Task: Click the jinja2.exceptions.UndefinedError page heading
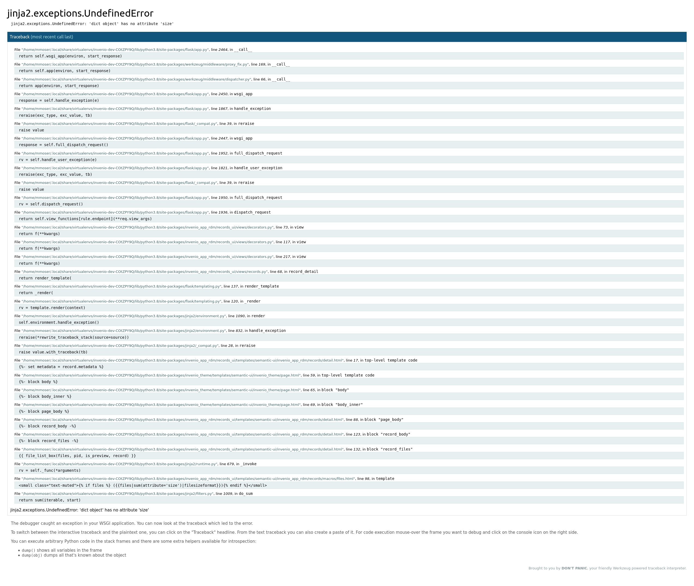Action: tap(80, 13)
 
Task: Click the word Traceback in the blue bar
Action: tap(20, 37)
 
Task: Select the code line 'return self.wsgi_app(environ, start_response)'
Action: tap(70, 56)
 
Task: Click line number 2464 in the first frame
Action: tap(223, 50)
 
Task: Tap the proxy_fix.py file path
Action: tap(135, 64)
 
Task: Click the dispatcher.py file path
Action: tap(136, 79)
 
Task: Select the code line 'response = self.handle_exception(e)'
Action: tap(59, 100)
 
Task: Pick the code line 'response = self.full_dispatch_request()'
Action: tap(63, 145)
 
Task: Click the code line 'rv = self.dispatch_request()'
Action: tap(51, 204)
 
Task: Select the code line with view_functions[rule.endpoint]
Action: tap(85, 219)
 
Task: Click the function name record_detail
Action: tap(303, 272)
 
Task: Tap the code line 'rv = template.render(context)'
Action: tap(52, 308)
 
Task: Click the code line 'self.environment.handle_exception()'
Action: tap(59, 323)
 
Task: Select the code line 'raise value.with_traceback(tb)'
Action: tap(53, 352)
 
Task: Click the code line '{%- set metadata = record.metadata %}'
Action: tap(61, 367)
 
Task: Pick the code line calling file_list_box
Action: tap(77, 456)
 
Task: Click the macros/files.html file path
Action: tap(188, 479)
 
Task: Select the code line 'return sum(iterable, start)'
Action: tap(50, 500)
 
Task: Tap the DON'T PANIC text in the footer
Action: tap(574, 568)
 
